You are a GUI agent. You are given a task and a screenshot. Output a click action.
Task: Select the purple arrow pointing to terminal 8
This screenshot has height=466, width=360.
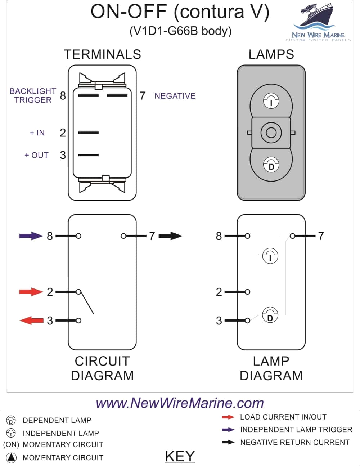[31, 236]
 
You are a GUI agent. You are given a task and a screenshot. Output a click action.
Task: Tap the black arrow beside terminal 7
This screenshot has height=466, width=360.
[170, 236]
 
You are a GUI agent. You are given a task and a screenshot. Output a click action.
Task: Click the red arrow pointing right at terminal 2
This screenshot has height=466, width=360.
[31, 291]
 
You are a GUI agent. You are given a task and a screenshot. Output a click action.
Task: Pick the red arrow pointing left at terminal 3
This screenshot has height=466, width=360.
[31, 320]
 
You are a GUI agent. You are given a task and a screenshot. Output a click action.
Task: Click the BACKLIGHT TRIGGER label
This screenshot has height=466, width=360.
[33, 95]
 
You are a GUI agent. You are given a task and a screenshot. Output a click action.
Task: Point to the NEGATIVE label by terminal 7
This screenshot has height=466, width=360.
[175, 96]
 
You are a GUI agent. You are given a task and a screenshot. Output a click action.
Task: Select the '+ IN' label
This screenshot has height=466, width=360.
[37, 133]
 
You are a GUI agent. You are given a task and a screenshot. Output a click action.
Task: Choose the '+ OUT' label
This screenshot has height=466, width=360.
[36, 155]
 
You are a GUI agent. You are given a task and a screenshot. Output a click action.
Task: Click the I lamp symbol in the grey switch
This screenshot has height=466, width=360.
[271, 101]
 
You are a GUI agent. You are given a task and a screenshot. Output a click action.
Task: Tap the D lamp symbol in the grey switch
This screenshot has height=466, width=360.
[271, 165]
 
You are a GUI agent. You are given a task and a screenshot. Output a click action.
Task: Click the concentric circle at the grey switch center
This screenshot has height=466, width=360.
[271, 133]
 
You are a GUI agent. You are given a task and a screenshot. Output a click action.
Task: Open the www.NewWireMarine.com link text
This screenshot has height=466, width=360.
[180, 403]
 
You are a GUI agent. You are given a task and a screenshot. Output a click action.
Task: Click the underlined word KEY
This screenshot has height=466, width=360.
[180, 456]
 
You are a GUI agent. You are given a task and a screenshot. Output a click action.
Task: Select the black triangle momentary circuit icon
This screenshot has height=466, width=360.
[12, 457]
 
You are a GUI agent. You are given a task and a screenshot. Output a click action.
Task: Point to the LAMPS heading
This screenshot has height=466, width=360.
[271, 54]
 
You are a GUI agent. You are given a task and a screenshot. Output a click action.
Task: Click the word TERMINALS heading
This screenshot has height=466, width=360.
[102, 54]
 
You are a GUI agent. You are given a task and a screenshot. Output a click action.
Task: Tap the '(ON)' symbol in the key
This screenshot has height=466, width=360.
[11, 444]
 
